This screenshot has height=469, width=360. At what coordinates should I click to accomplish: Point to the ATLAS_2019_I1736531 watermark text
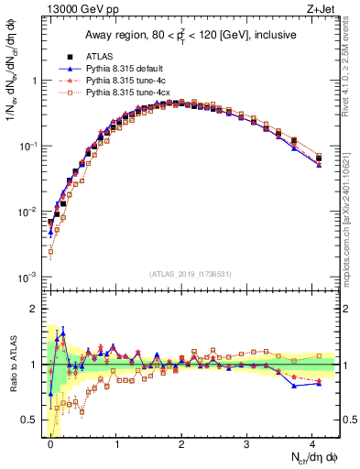(x=190, y=274)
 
